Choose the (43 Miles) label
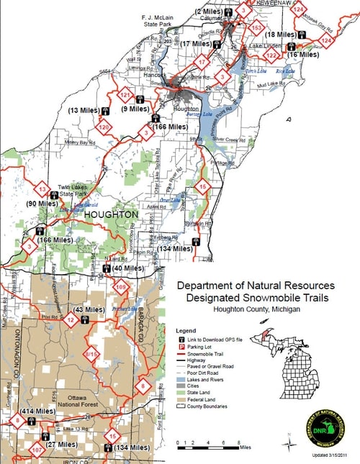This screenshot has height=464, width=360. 90,309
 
